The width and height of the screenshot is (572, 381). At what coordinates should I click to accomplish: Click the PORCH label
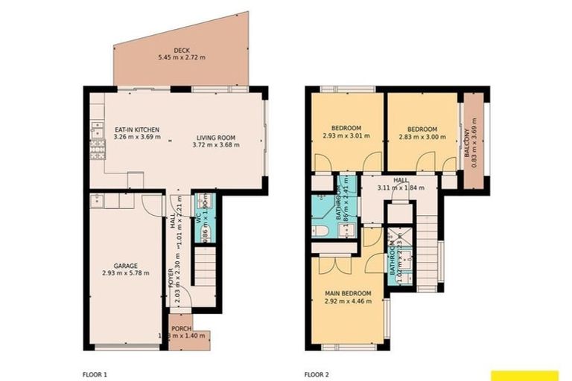point(180,328)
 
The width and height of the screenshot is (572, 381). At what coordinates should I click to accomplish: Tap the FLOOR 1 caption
point(95,374)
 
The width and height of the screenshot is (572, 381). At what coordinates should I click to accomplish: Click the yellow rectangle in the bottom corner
point(524,375)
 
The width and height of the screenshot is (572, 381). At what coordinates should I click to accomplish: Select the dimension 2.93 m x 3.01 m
point(346,137)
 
